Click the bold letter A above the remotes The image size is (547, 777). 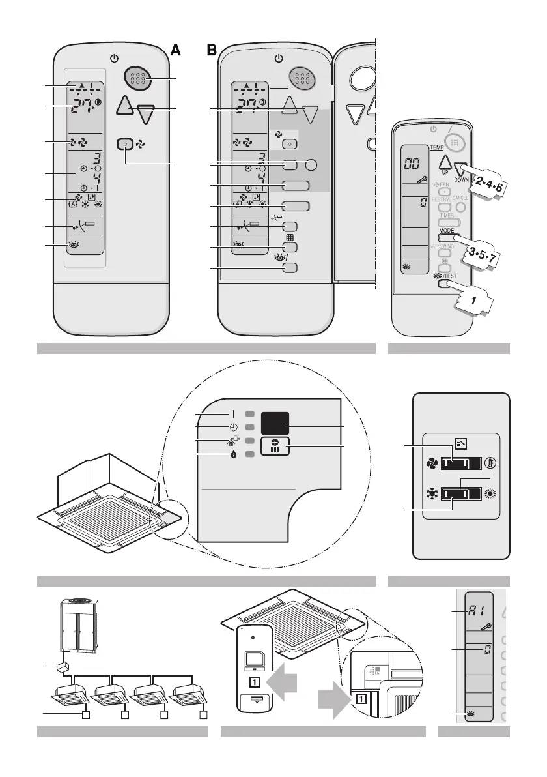click(175, 51)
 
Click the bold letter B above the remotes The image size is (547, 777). click(211, 51)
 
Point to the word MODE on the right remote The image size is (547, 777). click(447, 231)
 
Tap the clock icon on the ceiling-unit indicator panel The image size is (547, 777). click(233, 427)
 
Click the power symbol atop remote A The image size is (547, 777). click(115, 58)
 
